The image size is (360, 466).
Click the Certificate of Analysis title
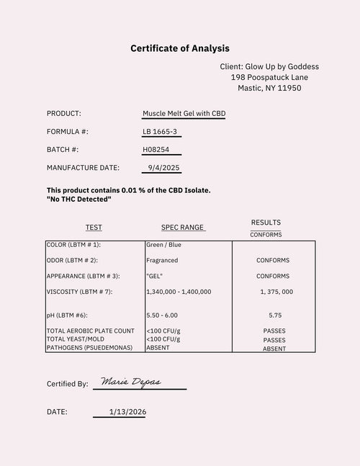point(180,48)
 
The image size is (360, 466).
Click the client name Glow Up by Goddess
point(269,66)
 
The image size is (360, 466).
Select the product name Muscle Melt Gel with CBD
point(184,114)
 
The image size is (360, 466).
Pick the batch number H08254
point(158,150)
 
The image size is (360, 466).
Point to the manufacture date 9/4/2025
point(162,168)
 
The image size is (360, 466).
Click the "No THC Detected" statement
point(78,199)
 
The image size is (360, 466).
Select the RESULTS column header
point(266,223)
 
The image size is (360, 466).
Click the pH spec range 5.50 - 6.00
point(162,315)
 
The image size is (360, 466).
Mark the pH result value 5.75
point(274,315)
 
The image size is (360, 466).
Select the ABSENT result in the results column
point(274,349)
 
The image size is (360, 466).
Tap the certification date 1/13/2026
point(127,412)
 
